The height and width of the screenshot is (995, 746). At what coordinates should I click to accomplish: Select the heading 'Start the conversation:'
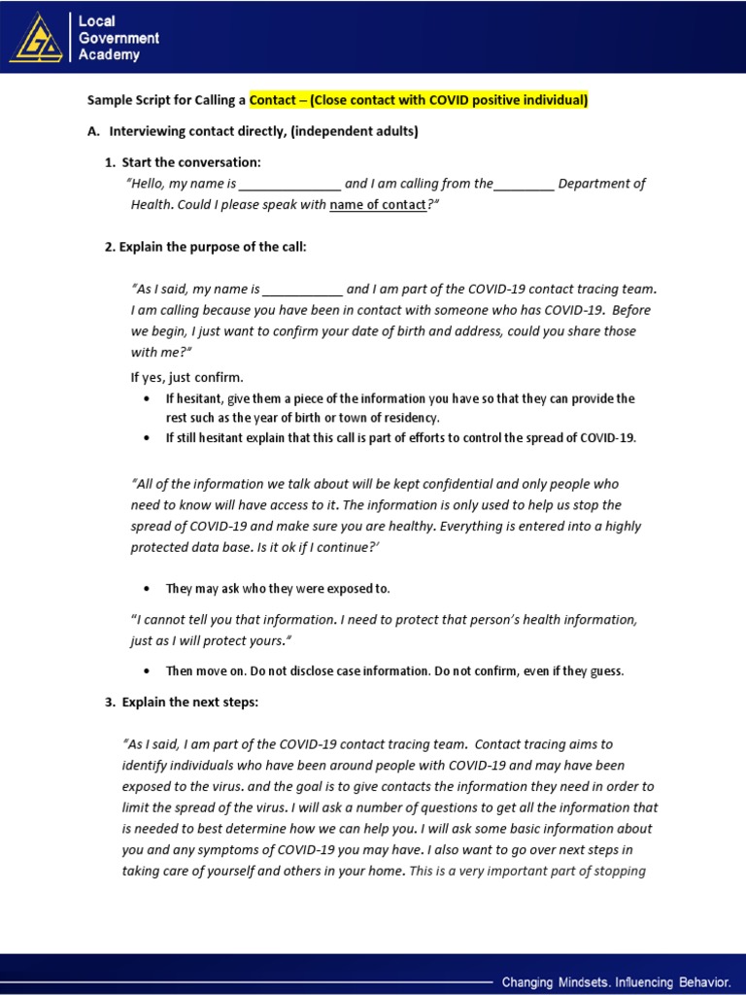(191, 162)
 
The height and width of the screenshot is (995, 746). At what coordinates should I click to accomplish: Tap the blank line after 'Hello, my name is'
(289, 185)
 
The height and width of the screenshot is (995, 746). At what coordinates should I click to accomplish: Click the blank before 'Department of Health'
(524, 185)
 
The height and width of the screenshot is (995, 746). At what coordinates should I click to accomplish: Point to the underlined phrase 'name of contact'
(378, 205)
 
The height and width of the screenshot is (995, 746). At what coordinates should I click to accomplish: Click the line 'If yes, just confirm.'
(187, 377)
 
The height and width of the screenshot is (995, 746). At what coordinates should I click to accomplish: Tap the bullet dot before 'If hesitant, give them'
(146, 399)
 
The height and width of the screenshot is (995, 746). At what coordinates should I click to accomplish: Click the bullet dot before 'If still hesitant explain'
(146, 438)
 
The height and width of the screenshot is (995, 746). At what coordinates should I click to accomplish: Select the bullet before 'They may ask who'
(146, 589)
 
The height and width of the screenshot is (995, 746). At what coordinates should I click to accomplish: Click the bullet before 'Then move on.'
(146, 671)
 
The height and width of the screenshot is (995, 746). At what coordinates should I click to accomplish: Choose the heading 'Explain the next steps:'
(189, 703)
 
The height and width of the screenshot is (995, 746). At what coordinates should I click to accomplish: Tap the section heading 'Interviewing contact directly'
(264, 131)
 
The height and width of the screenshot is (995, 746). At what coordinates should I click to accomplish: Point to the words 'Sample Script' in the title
(128, 100)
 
